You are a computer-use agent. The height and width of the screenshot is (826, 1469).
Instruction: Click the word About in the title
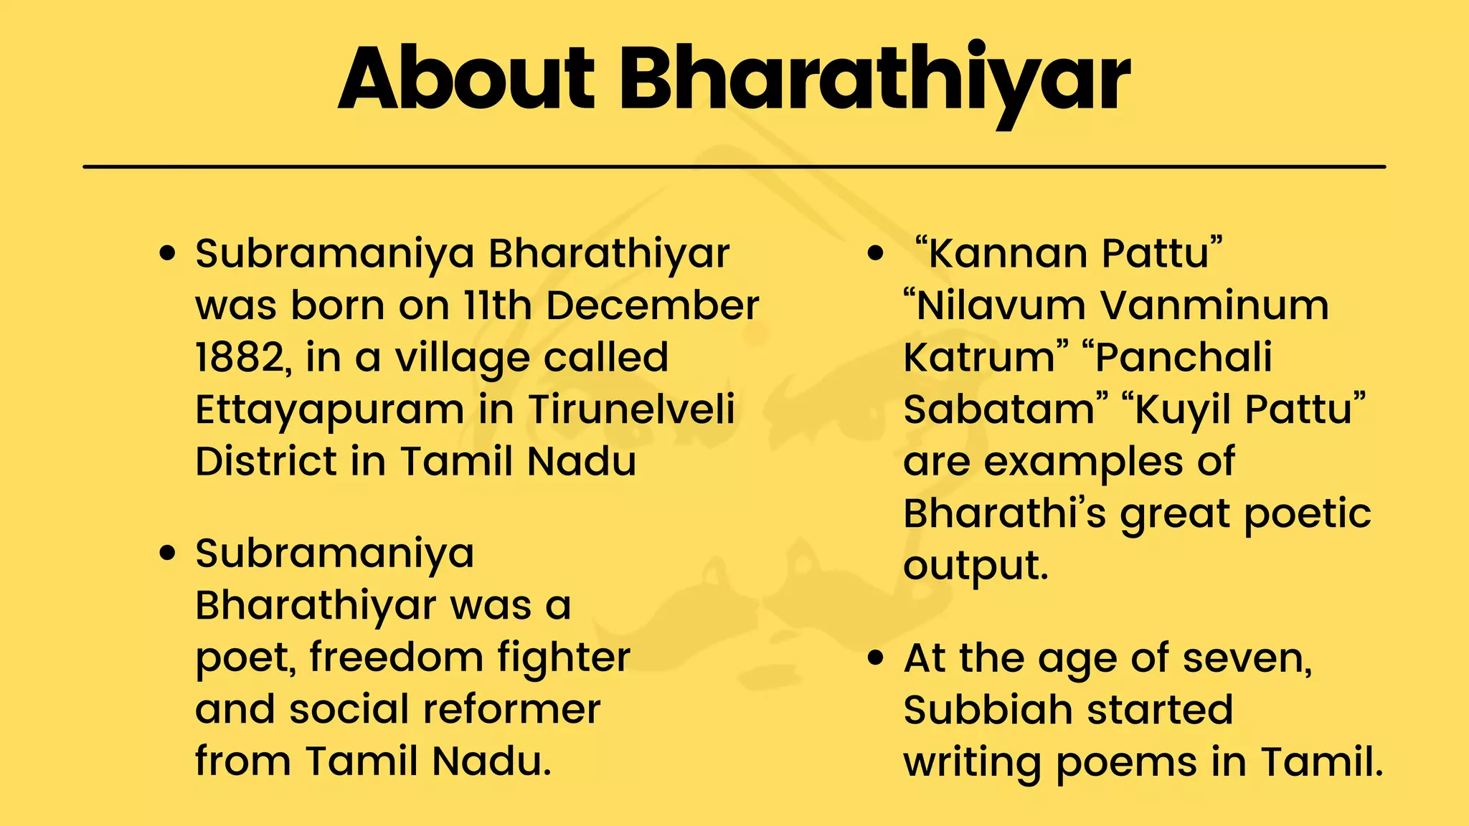(x=466, y=79)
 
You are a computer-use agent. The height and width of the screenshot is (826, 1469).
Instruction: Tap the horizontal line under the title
(x=734, y=166)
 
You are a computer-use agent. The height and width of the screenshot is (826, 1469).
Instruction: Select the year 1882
(x=240, y=357)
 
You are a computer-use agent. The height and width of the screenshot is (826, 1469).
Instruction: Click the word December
(x=652, y=305)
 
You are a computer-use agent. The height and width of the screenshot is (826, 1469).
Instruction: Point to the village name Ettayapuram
(x=330, y=410)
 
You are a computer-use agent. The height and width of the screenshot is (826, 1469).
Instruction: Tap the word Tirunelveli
(x=632, y=409)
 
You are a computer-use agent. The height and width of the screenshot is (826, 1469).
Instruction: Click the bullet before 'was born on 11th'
(x=168, y=253)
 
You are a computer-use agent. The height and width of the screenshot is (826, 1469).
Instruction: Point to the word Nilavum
(x=1001, y=305)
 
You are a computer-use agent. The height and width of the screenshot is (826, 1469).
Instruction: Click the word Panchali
(x=1183, y=357)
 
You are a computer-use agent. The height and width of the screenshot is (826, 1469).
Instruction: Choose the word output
(x=975, y=566)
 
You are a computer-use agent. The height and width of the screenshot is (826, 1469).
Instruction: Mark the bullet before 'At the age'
(x=876, y=658)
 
